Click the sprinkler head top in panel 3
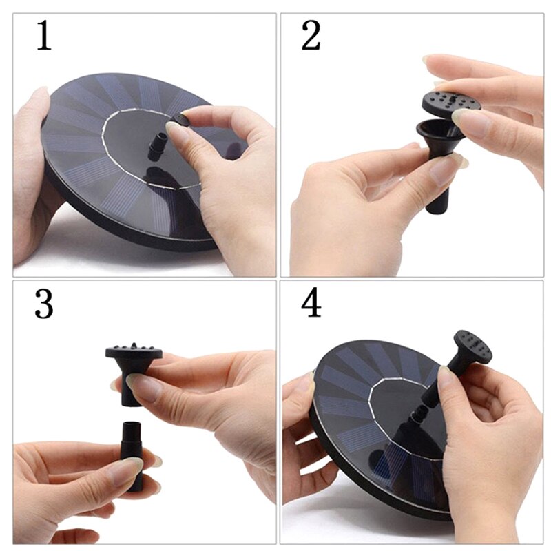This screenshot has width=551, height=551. point(134,353)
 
